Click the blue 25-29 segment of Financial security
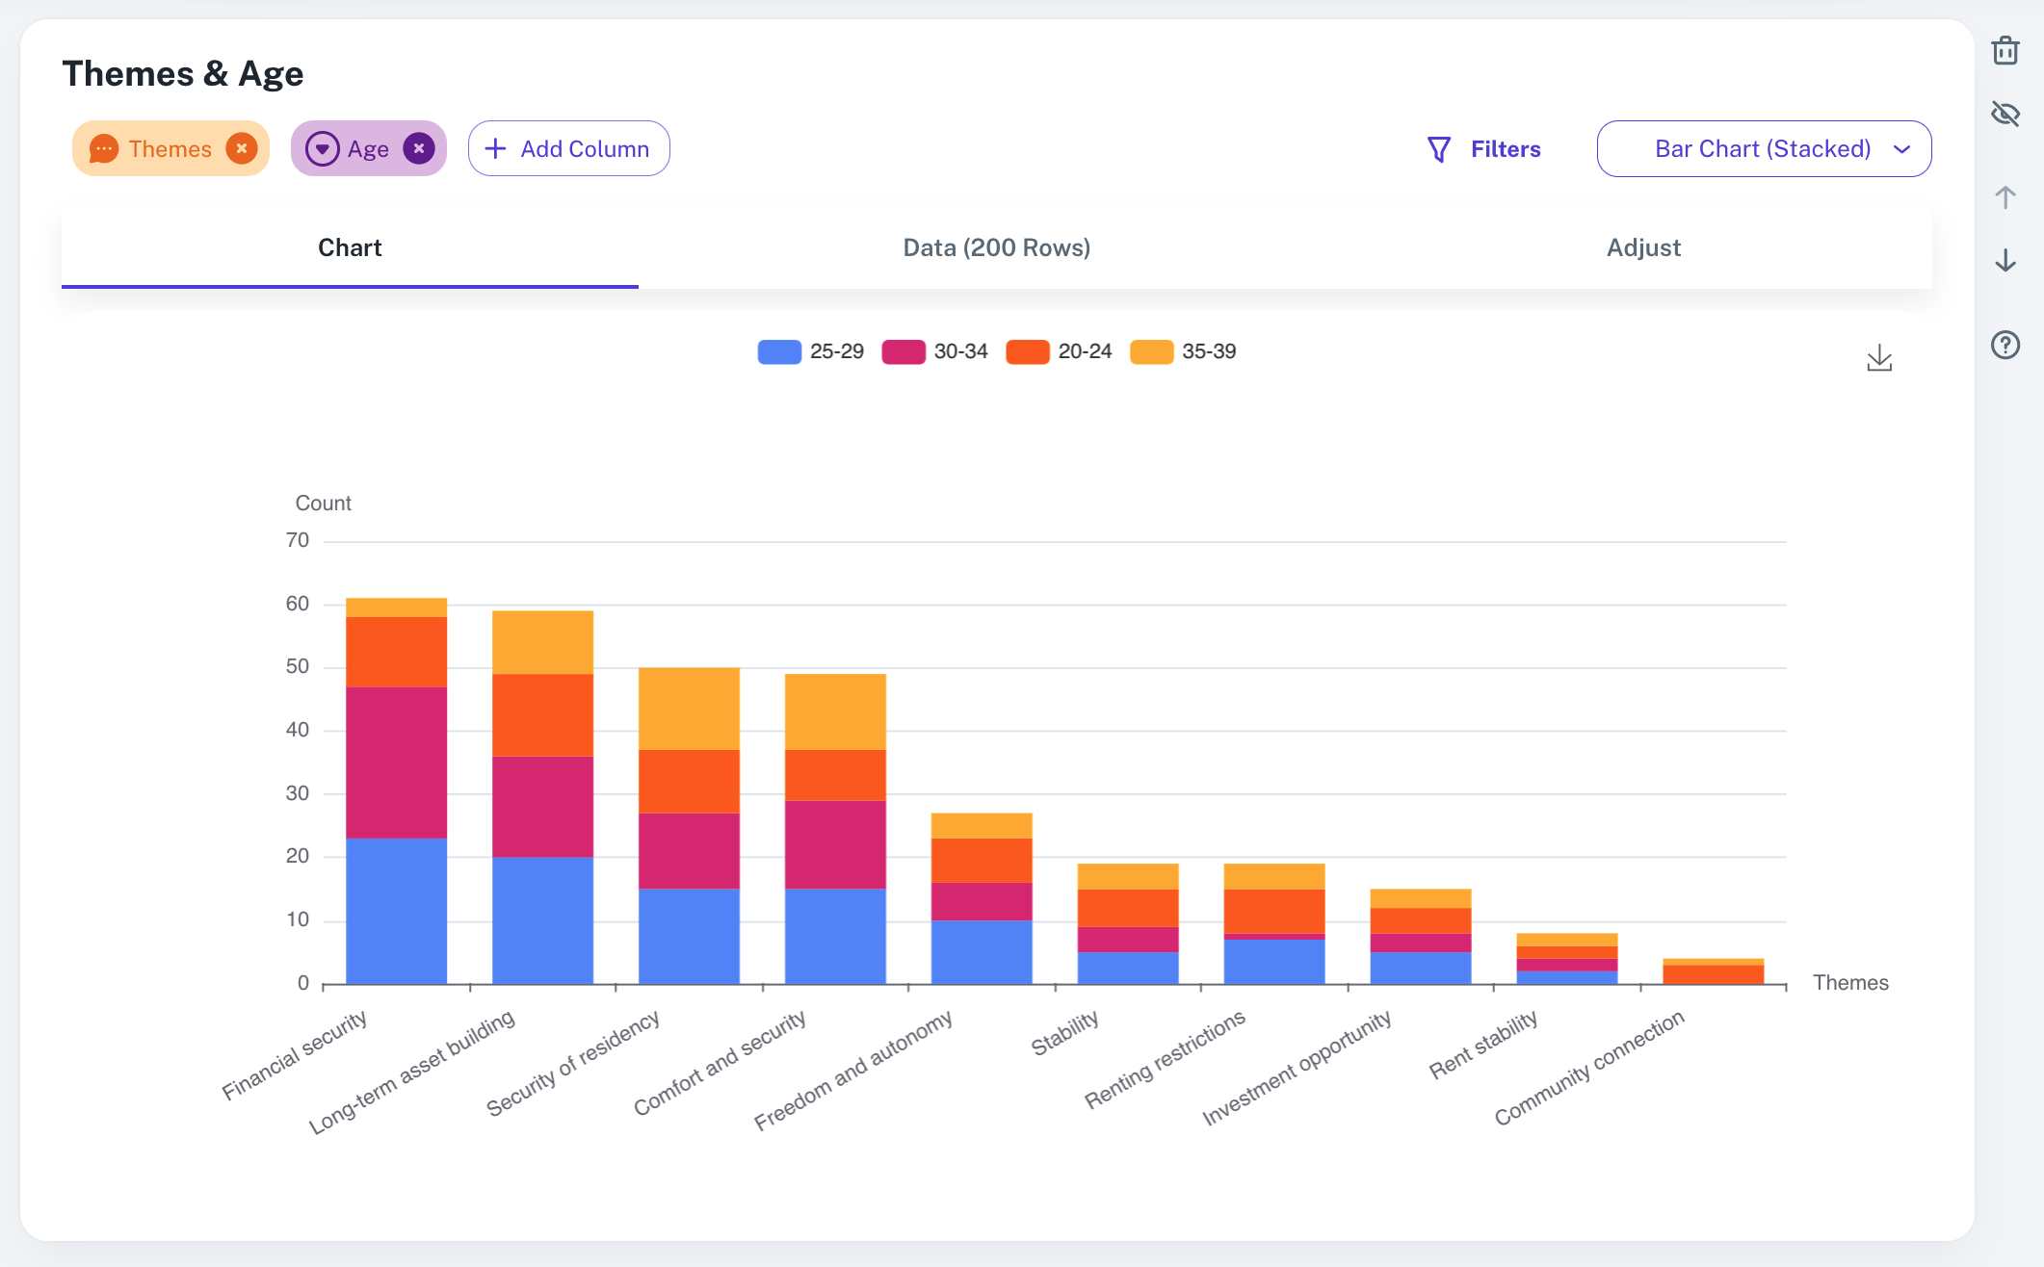click(396, 911)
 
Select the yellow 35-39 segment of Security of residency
click(689, 709)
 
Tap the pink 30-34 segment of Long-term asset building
click(542, 807)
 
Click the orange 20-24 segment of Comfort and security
click(835, 775)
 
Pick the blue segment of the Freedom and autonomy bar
click(982, 952)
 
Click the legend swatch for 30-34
click(903, 351)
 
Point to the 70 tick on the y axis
click(298, 541)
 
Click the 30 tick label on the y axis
click(298, 793)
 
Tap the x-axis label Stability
click(1064, 1034)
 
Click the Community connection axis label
click(1588, 1068)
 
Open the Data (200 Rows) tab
click(996, 247)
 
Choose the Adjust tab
click(1643, 247)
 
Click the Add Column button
click(568, 149)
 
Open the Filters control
click(1484, 149)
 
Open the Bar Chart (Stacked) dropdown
click(1764, 149)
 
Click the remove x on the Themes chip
click(242, 148)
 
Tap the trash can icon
click(2005, 50)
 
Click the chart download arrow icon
click(1879, 358)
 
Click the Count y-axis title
click(323, 504)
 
